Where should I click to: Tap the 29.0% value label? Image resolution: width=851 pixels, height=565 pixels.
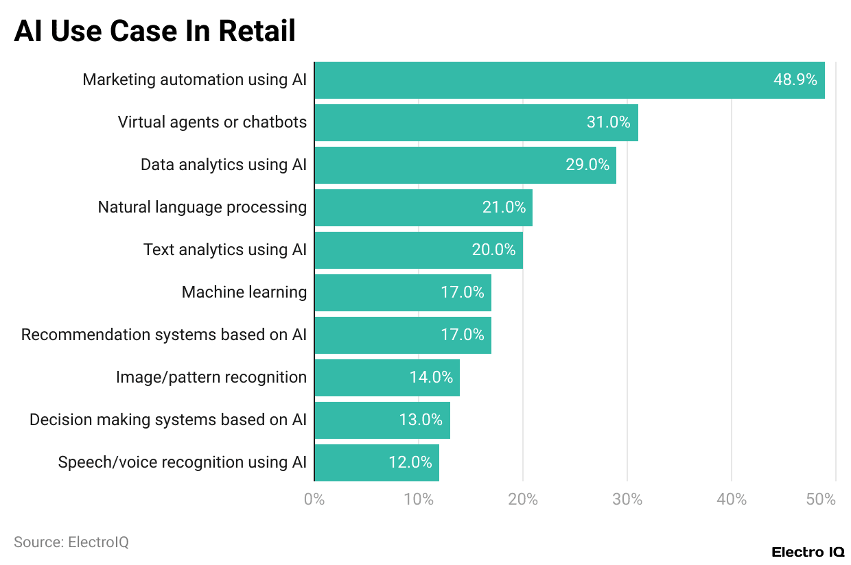click(x=587, y=165)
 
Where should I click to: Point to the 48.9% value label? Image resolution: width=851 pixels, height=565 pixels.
click(x=795, y=80)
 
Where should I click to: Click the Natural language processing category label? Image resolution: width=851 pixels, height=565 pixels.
click(x=202, y=207)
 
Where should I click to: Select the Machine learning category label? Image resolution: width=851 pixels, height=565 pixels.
click(x=244, y=292)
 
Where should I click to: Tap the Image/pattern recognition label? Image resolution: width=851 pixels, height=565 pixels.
click(x=211, y=377)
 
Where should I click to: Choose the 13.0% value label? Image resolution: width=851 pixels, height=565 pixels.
click(x=421, y=420)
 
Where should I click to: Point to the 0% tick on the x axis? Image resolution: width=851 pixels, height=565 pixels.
click(x=314, y=499)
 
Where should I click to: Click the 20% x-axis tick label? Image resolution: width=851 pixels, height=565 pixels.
click(x=523, y=499)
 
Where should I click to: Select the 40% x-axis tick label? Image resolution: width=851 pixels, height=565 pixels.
click(x=732, y=499)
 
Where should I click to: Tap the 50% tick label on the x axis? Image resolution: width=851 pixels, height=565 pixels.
click(x=821, y=499)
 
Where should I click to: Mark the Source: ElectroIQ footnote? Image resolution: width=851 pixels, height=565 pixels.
click(x=71, y=542)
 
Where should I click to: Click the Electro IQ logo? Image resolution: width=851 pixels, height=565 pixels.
click(x=808, y=552)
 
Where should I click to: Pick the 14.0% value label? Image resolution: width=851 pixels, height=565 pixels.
click(x=431, y=377)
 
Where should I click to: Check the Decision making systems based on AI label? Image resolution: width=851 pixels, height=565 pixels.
click(x=168, y=420)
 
